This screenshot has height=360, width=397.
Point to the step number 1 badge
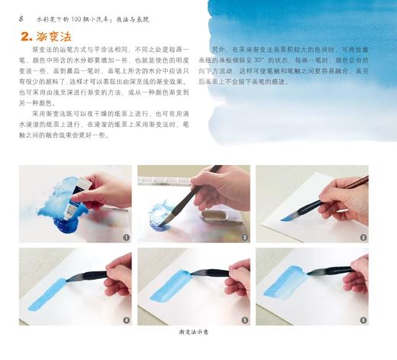(x=126, y=238)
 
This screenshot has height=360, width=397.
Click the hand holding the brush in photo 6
(x=357, y=275)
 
